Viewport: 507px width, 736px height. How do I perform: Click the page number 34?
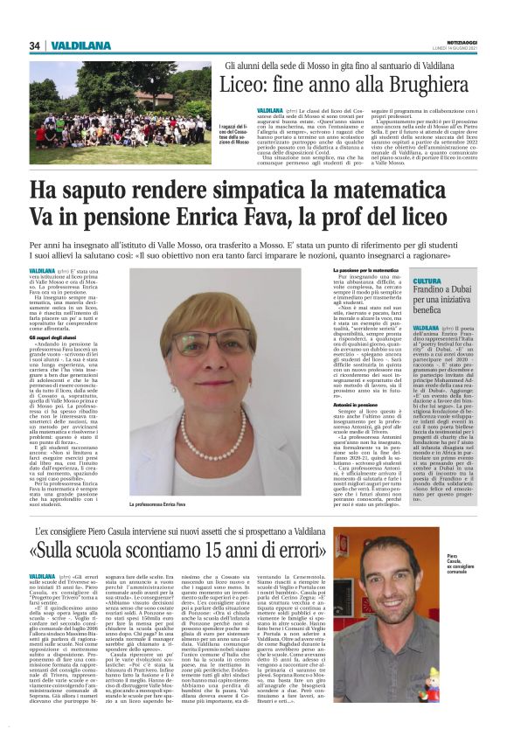35,45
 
